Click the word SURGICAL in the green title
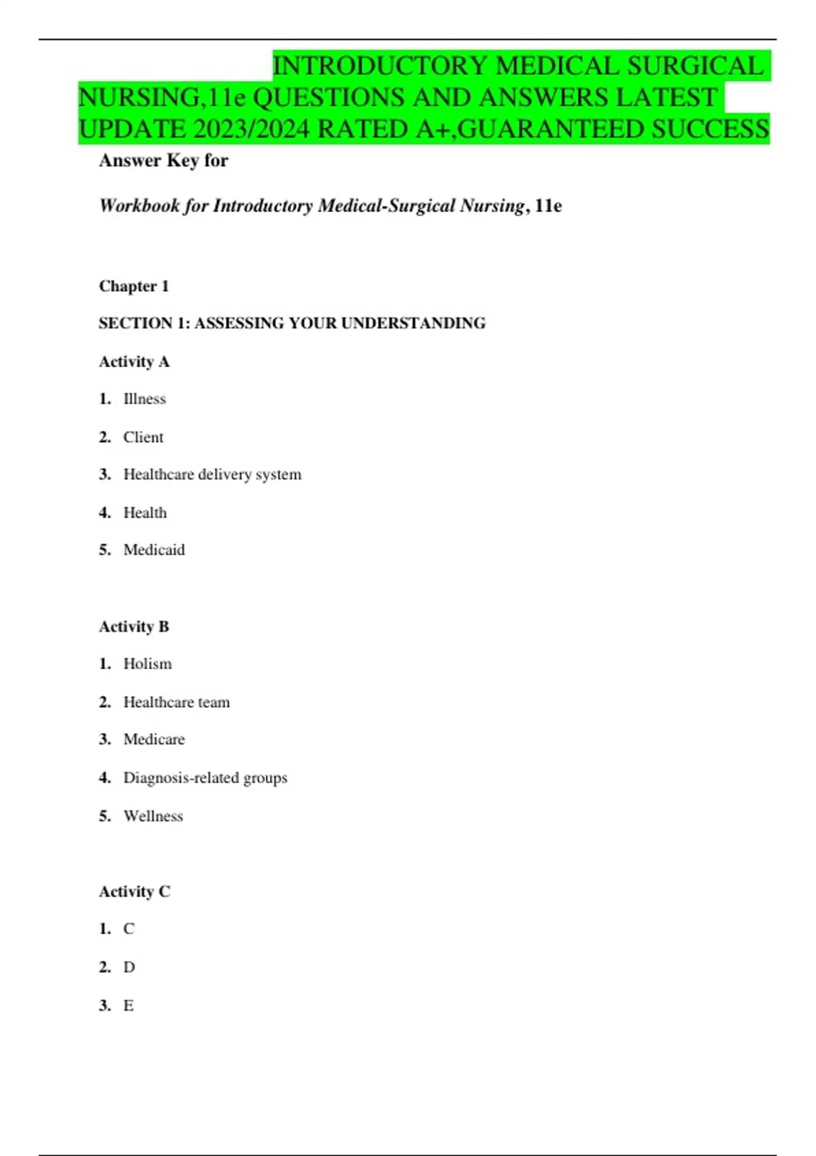[x=694, y=67]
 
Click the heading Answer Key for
[x=163, y=160]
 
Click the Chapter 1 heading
[x=134, y=286]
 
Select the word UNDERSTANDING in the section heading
[x=413, y=323]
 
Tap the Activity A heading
[x=134, y=362]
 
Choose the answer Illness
[x=144, y=399]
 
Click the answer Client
[x=143, y=437]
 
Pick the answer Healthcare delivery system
[x=212, y=475]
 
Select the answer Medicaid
[x=154, y=549]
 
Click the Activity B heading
[x=134, y=626]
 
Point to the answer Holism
[x=147, y=664]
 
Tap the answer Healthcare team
[x=176, y=702]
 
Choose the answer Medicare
[x=154, y=739]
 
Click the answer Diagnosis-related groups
[x=205, y=777]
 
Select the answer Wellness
[x=153, y=816]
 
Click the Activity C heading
[x=135, y=891]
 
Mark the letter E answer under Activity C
[x=129, y=1005]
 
